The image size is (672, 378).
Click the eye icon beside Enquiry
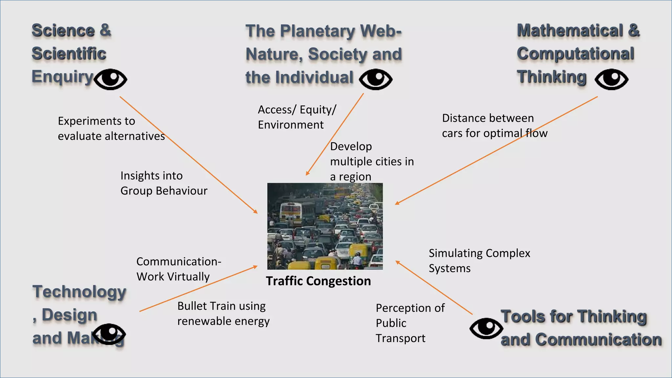tap(110, 79)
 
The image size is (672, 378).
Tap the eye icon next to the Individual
tap(376, 79)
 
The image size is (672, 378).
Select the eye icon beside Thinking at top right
tap(612, 79)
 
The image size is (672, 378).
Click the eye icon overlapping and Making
tap(109, 334)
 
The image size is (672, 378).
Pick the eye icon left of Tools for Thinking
tap(486, 328)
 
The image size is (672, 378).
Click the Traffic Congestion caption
tap(318, 281)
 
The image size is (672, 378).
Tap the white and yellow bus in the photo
tap(290, 213)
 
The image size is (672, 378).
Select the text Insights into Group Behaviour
tap(163, 183)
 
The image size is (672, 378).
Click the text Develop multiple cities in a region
tap(371, 161)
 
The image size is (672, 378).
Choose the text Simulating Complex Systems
tap(479, 261)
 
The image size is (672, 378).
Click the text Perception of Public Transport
tap(409, 323)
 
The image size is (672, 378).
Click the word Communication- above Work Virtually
tap(179, 262)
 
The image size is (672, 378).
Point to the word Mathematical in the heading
tap(570, 31)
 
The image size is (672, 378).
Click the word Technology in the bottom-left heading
tap(79, 292)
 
